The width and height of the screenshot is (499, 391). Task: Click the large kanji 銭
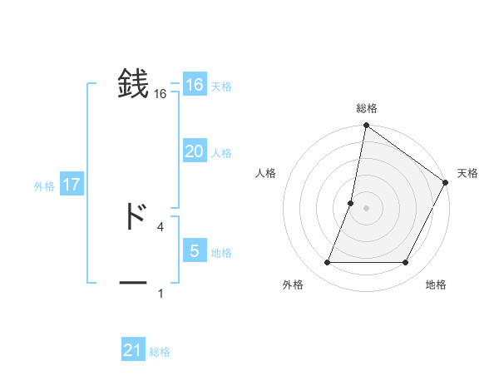click(x=134, y=84)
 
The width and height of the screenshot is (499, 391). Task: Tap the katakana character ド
click(x=134, y=216)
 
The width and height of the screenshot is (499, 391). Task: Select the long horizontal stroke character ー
click(x=134, y=284)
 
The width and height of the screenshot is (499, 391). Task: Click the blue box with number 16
click(x=194, y=85)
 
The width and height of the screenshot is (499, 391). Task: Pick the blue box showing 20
click(x=194, y=151)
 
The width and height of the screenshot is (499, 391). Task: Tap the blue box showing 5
click(x=194, y=251)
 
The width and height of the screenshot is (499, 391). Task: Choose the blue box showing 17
click(x=72, y=185)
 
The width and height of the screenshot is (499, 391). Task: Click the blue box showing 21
click(x=133, y=350)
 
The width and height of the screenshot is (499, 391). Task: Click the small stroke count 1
click(x=160, y=293)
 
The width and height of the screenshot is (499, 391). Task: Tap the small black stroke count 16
click(x=160, y=94)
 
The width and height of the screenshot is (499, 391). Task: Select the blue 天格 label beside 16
click(x=221, y=87)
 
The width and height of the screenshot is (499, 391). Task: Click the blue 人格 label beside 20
click(x=221, y=153)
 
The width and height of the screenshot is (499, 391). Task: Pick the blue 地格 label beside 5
click(x=221, y=253)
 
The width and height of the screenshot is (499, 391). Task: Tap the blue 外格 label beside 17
click(x=44, y=186)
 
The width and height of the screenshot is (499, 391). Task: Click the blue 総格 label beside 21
click(x=160, y=352)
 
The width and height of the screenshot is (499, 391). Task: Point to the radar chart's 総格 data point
click(x=366, y=126)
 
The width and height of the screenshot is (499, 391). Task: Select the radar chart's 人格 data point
click(x=351, y=203)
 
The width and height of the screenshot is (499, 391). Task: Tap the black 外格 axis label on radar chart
click(x=293, y=285)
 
